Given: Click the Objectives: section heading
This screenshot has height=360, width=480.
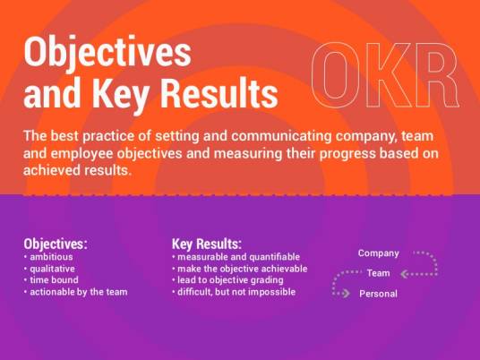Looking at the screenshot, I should pos(56,244).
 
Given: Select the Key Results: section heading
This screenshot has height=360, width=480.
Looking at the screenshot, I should pos(206,244).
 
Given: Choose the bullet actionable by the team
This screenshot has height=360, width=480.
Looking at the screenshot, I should pos(78,292).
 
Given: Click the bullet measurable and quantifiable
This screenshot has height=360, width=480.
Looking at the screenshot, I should pos(236,257).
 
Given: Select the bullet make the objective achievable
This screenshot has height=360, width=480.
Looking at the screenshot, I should pos(240,269).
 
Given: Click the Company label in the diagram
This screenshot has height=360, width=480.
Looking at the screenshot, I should pos(379,253).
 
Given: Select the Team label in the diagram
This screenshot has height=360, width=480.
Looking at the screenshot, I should pos(379,273).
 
